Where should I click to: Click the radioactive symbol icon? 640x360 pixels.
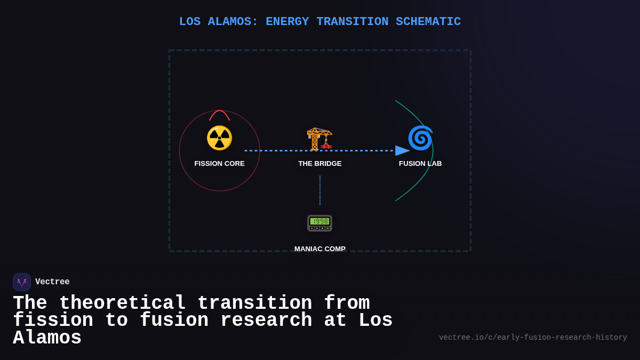219,138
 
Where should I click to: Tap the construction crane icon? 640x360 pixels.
319,139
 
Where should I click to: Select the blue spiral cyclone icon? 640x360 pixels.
420,138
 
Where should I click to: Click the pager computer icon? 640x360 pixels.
319,223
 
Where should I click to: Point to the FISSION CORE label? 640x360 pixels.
219,164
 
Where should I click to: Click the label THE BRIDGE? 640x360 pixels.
320,164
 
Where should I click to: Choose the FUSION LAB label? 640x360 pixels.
420,164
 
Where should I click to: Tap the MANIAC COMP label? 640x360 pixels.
320,249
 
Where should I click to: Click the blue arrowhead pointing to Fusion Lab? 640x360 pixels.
402,151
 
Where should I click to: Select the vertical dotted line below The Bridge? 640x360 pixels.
320,190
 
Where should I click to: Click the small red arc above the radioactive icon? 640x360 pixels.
219,113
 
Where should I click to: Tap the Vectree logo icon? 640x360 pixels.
22,282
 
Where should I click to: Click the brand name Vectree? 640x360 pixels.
52,282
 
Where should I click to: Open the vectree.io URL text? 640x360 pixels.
533,338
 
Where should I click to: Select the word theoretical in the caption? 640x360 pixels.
122,303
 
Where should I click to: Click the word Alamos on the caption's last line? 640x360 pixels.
47,338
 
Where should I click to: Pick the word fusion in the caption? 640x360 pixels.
174,321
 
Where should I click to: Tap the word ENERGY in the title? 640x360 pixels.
287,22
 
